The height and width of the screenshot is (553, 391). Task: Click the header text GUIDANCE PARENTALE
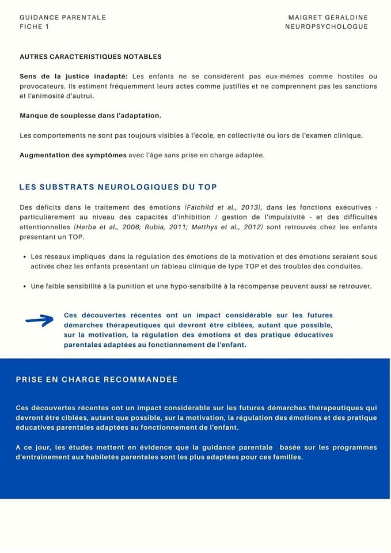click(63, 17)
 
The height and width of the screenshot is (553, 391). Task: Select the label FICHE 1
click(35, 26)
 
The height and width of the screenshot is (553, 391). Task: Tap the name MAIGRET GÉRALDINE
click(328, 17)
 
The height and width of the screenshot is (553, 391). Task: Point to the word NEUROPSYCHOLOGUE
click(326, 26)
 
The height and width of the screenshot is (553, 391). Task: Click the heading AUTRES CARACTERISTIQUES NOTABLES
click(90, 56)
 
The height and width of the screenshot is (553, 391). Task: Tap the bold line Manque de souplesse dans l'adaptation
click(90, 115)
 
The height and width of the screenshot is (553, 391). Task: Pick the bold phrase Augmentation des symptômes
click(73, 155)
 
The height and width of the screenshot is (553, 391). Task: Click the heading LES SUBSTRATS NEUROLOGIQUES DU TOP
click(118, 187)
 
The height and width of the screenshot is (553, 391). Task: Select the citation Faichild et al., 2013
click(223, 207)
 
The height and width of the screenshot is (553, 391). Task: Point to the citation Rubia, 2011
click(167, 226)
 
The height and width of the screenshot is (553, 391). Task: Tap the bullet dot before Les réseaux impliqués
click(24, 257)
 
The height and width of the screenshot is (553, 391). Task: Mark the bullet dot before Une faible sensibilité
click(24, 286)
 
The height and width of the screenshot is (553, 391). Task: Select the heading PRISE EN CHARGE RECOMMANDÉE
click(97, 380)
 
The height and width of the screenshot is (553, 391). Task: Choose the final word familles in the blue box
click(285, 457)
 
